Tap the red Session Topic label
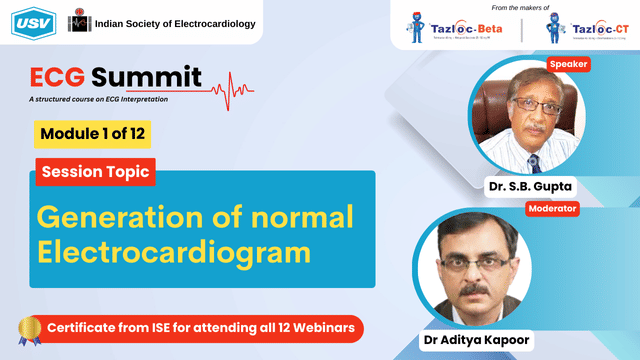point(96,172)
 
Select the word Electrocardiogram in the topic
point(169,254)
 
